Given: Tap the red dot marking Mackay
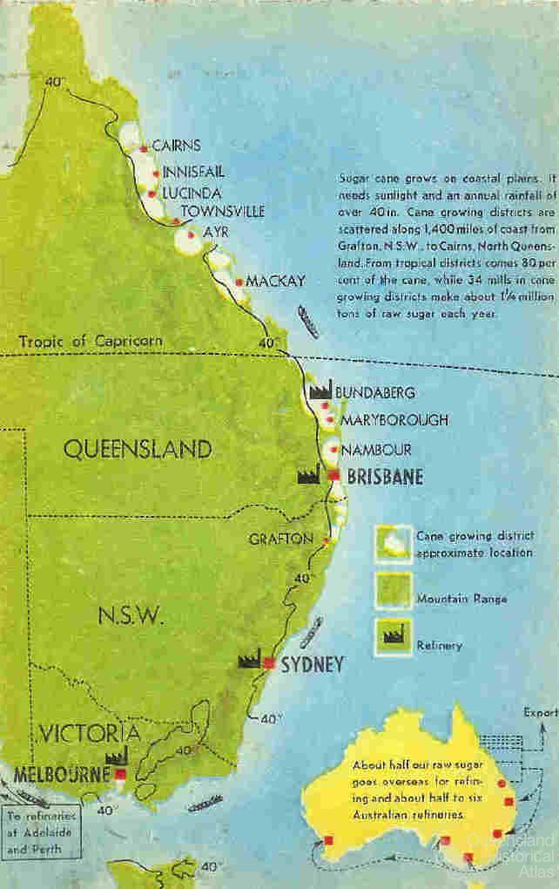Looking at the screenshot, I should pos(239,282).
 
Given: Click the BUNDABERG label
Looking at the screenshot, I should pos(374,392).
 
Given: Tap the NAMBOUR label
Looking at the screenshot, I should pos(375,450).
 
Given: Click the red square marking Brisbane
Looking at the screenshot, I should pos(333,474).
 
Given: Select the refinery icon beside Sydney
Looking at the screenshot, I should pos(251,659).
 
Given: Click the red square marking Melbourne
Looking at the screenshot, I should pos(120,773).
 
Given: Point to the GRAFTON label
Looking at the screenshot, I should pos(280,539).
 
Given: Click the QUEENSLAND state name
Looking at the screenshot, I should pos(138,449).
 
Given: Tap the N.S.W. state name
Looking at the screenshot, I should pos(130,616).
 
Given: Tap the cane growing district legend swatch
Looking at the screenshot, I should pos(392,544).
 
